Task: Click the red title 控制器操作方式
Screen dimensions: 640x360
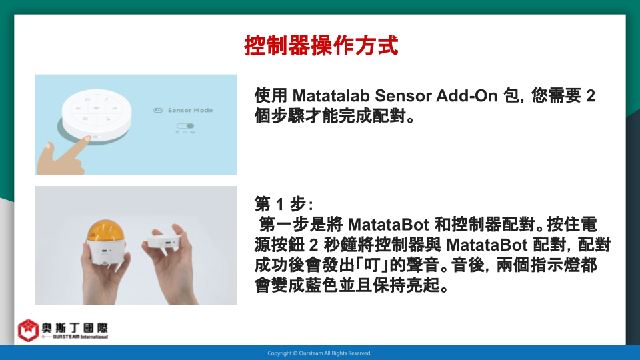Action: point(321,45)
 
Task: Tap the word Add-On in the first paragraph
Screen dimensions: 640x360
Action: point(467,96)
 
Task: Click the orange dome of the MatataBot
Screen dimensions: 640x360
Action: point(106,231)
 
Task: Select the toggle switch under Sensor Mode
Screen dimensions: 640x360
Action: point(185,126)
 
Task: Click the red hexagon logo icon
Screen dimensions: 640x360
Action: point(28,330)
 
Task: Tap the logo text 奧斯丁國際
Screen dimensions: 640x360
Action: point(75,328)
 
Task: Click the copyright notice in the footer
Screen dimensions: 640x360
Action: point(319,353)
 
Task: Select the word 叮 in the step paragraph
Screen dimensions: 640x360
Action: point(371,265)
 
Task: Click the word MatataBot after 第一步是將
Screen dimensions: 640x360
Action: point(388,225)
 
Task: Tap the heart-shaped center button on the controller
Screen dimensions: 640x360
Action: point(96,108)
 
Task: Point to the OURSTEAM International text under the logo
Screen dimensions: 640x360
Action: point(80,337)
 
